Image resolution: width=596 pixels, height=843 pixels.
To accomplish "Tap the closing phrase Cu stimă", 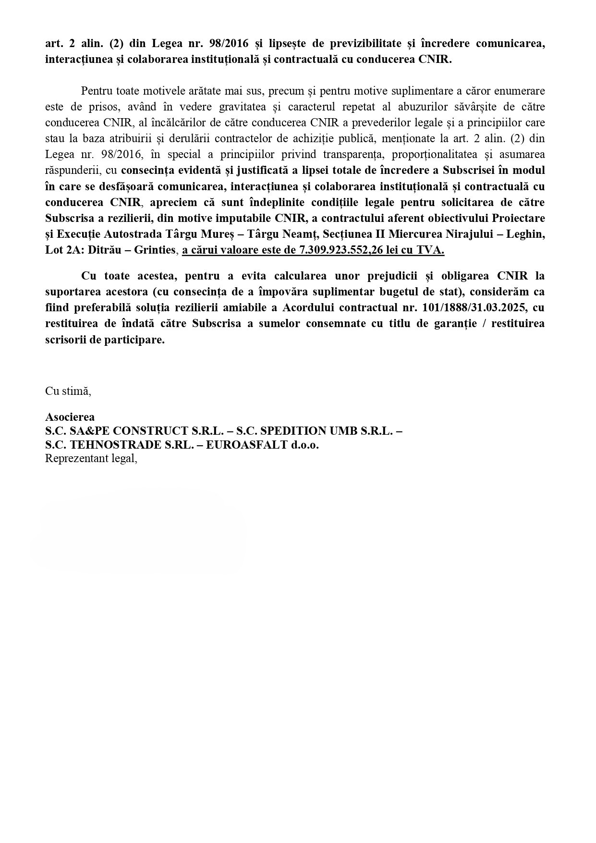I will pyautogui.click(x=68, y=391).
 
